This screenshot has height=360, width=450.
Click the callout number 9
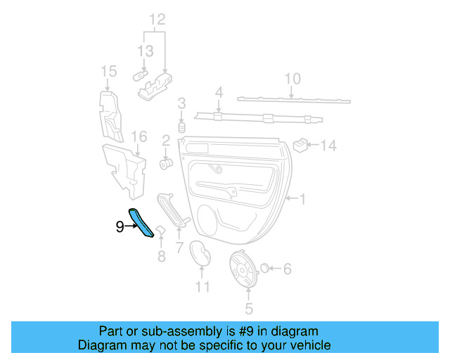[x=120, y=226]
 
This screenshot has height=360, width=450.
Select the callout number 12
[x=157, y=19]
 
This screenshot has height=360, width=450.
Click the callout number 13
[x=145, y=51]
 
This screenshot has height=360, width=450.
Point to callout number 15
[x=108, y=71]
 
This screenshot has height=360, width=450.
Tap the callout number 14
[x=329, y=146]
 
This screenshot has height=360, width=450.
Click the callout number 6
[x=287, y=269]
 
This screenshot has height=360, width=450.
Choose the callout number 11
[x=202, y=287]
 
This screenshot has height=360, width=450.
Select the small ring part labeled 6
[x=266, y=267]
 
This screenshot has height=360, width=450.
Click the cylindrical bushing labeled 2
[x=167, y=164]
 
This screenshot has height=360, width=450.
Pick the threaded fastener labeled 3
[x=181, y=128]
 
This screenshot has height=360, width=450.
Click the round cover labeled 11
[x=202, y=255]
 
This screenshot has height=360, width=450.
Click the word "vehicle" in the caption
[x=310, y=345]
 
